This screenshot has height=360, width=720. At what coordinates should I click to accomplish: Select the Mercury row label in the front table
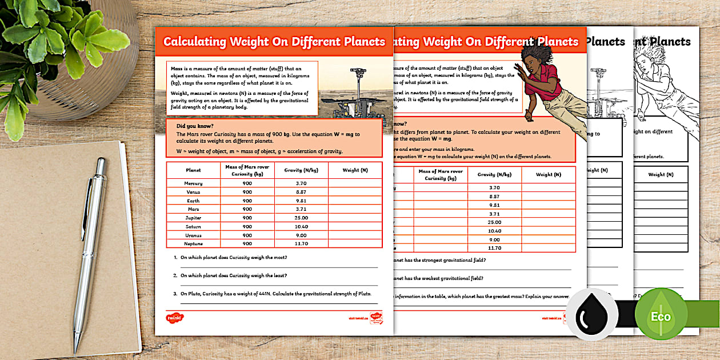(x=193, y=183)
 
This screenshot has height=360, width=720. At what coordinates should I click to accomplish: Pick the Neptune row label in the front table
(x=193, y=243)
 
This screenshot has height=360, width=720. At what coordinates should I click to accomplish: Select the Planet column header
(x=193, y=170)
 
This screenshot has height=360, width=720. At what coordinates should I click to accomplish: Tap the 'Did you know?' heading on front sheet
(x=195, y=126)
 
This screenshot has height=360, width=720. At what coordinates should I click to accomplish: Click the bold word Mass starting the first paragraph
(x=177, y=69)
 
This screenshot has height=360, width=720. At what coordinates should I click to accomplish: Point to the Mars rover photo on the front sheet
(x=354, y=94)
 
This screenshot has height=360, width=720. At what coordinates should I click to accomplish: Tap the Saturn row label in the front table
(x=193, y=226)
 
